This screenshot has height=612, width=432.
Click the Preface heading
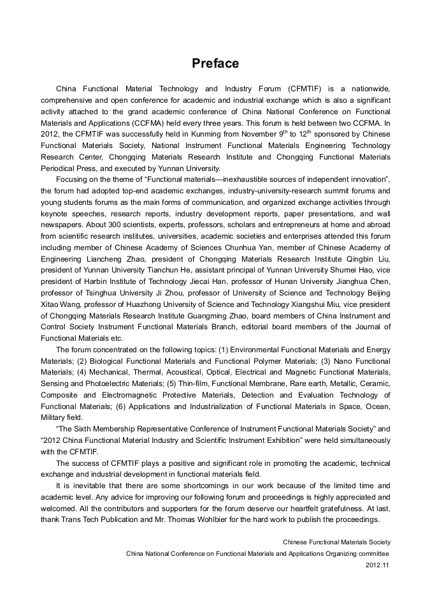(x=215, y=64)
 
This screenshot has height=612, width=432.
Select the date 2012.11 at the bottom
(x=377, y=565)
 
